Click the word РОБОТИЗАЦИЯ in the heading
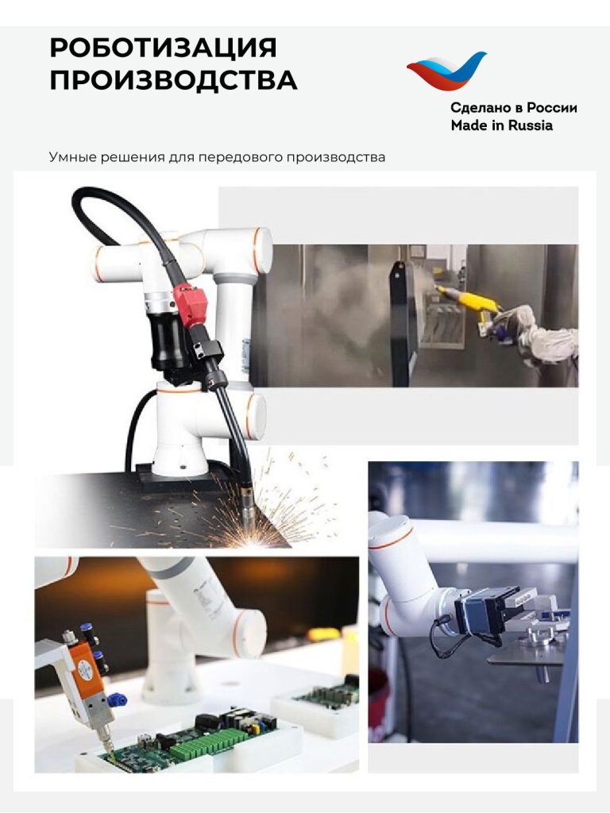coord(163,48)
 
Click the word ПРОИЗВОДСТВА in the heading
coord(173,80)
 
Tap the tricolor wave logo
coord(446,71)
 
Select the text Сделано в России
coord(514,108)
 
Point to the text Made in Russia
coord(502,125)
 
